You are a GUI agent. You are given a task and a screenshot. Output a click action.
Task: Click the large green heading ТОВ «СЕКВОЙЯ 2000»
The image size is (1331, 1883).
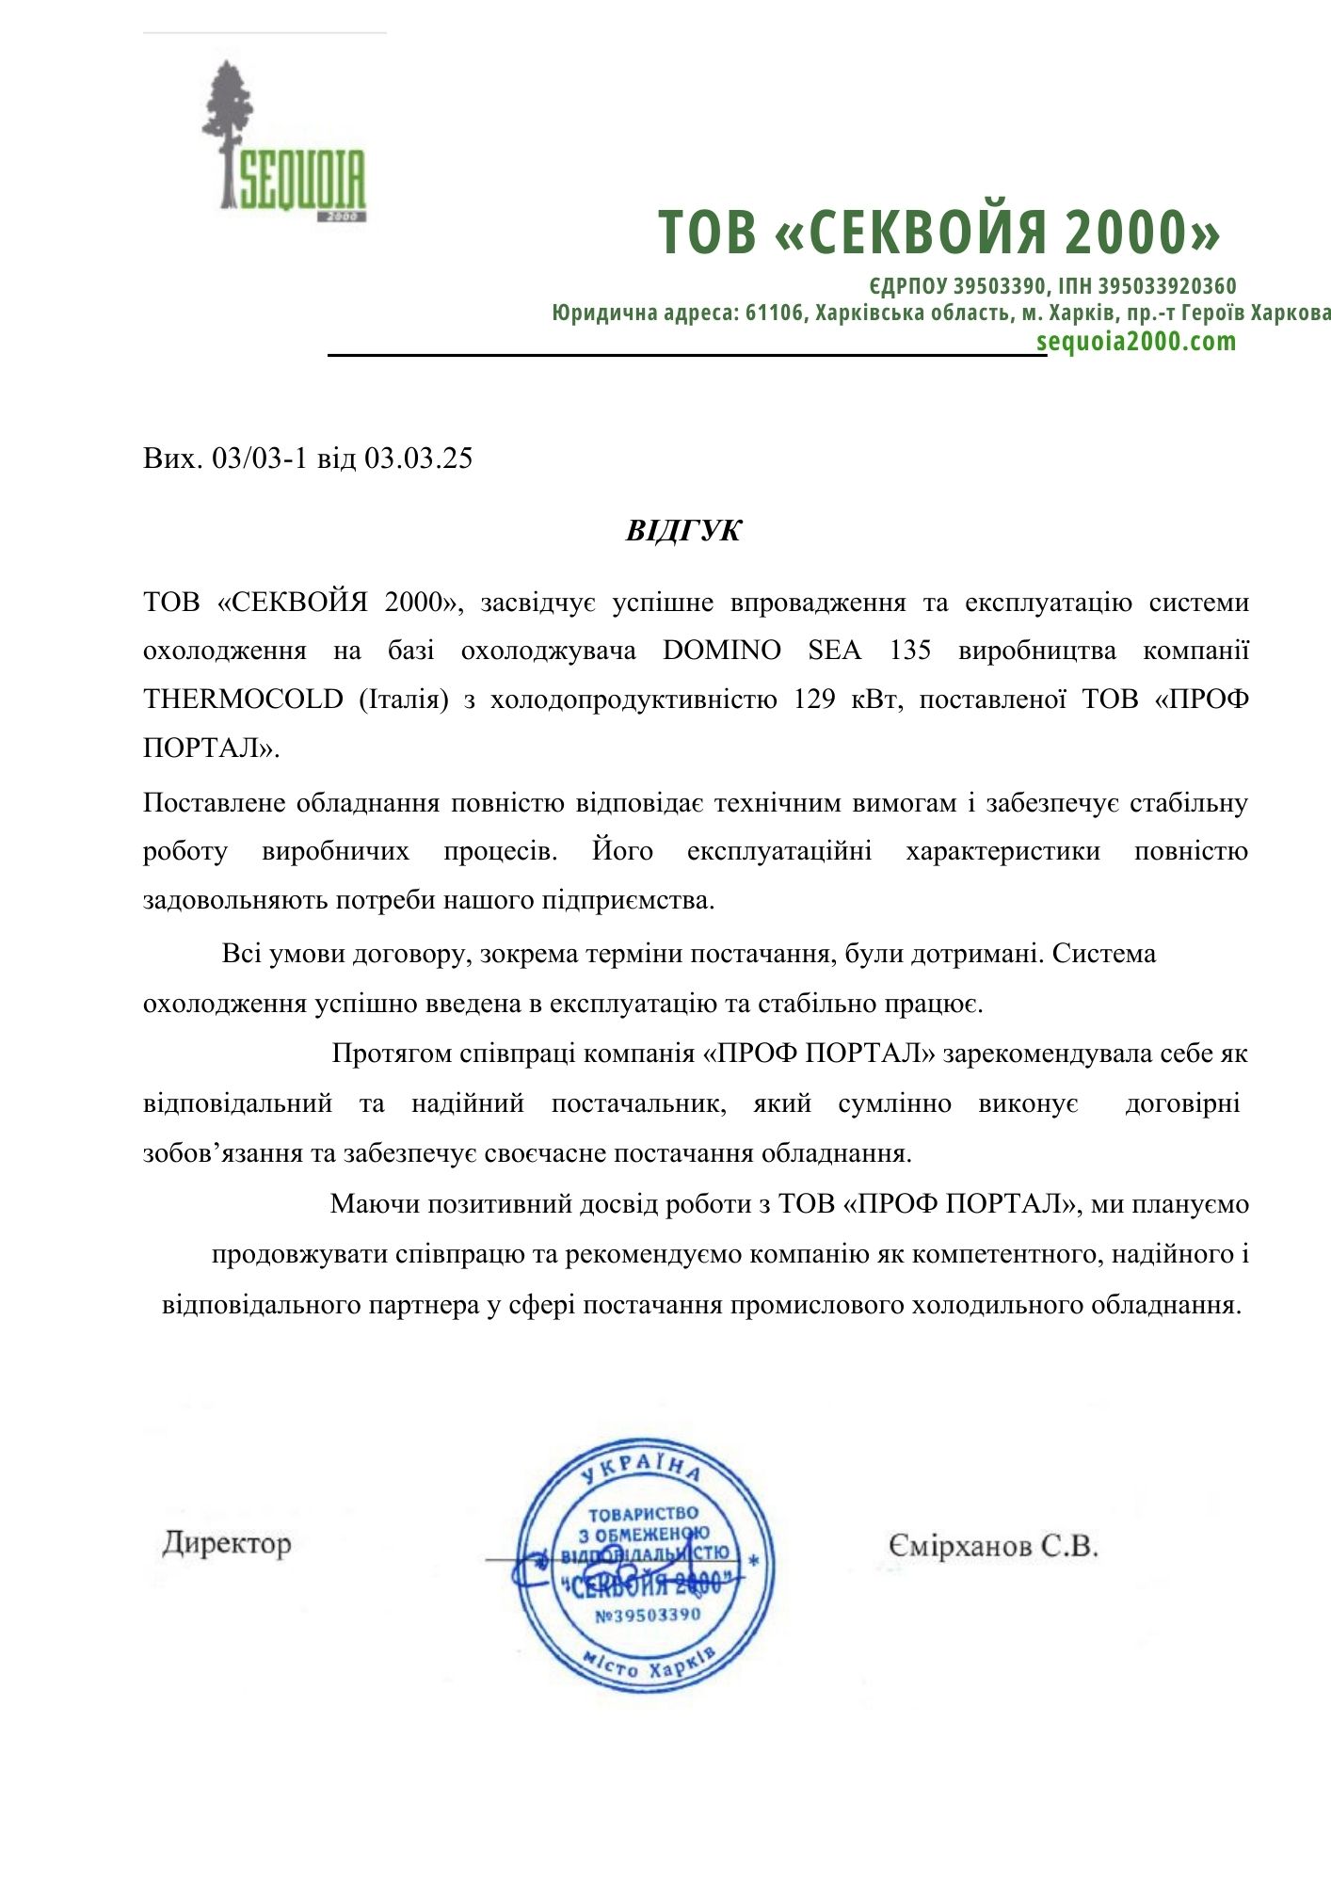pyautogui.click(x=938, y=232)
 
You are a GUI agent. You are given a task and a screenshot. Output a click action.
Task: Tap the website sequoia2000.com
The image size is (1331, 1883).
pyautogui.click(x=1136, y=341)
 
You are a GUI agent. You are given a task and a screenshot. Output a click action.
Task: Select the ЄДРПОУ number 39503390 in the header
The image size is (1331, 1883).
pyautogui.click(x=1000, y=286)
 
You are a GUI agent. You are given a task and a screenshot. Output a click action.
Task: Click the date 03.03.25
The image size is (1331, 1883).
pyautogui.click(x=419, y=459)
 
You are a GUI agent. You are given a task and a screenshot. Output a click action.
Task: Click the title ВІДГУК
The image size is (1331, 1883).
pyautogui.click(x=683, y=531)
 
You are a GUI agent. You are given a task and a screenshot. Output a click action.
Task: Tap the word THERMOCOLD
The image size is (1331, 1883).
pyautogui.click(x=243, y=700)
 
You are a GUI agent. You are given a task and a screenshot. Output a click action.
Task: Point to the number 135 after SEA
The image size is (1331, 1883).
pyautogui.click(x=910, y=651)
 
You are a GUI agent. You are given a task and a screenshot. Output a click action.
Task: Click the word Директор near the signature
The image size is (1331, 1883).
pyautogui.click(x=227, y=1543)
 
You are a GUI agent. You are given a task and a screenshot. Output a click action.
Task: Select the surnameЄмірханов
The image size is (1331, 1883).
pyautogui.click(x=959, y=1545)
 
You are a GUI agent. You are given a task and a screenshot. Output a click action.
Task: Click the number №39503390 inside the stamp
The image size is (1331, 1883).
pyautogui.click(x=648, y=1615)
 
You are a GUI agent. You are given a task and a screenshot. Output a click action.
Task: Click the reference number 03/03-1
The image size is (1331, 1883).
pyautogui.click(x=261, y=459)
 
